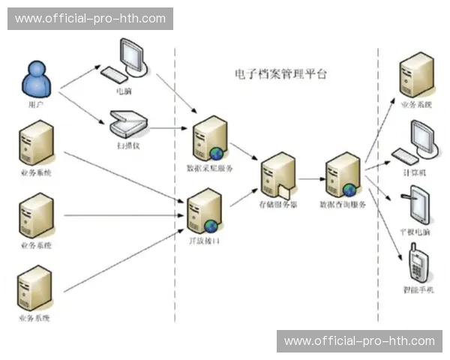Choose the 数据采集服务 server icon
click(x=208, y=139)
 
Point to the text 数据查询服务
click(x=343, y=204)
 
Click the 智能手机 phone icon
click(x=417, y=262)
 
